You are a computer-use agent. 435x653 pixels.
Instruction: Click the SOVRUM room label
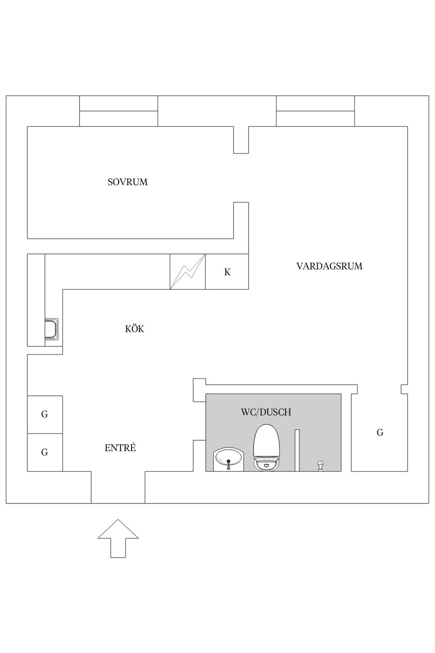click(128, 182)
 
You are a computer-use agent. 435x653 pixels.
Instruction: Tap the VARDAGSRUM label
click(329, 266)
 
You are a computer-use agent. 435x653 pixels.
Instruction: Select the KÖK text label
click(135, 329)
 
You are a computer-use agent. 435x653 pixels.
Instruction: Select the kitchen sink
click(51, 329)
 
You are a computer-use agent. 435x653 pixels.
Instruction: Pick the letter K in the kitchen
click(227, 272)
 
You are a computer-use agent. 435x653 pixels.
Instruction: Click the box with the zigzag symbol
click(188, 271)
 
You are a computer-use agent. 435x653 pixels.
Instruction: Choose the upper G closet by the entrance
click(45, 414)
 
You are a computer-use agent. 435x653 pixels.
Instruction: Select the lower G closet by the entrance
click(45, 452)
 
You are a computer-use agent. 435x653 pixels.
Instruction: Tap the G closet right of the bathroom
click(380, 433)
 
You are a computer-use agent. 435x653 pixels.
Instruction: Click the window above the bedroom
click(119, 111)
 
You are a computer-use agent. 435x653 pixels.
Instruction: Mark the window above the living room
click(315, 111)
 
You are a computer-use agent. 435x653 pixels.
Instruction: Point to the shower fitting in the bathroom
click(320, 466)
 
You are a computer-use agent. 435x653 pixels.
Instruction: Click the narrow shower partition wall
click(297, 451)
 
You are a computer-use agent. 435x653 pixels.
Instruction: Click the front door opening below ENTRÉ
click(118, 487)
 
